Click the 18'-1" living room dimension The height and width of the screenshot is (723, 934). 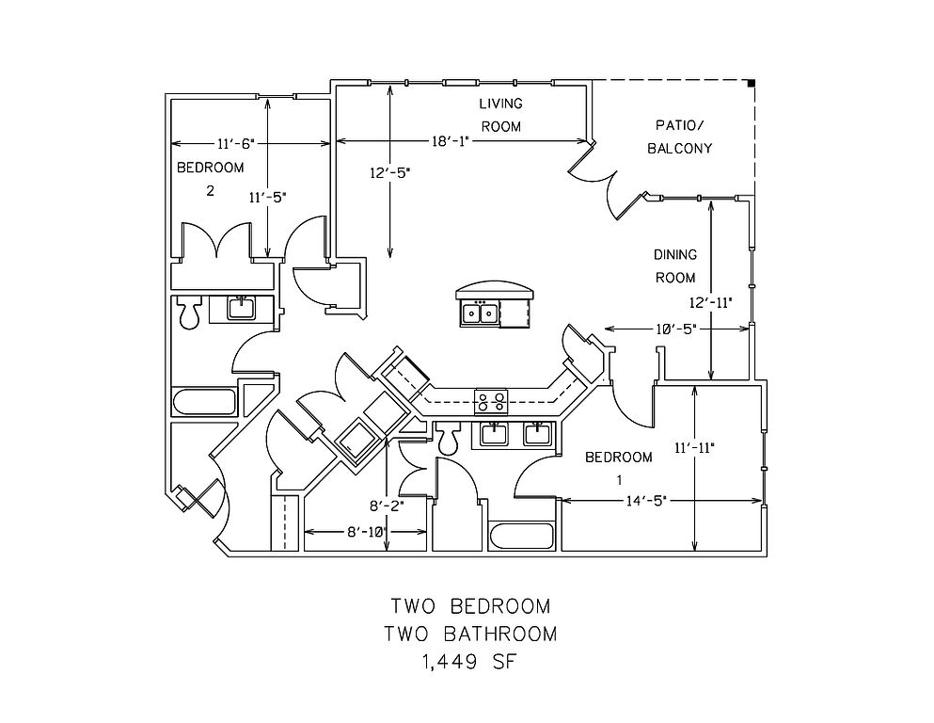click(451, 141)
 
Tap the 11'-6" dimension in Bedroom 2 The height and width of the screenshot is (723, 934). click(236, 143)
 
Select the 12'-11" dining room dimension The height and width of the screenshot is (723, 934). click(711, 303)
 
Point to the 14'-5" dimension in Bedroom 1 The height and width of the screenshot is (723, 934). click(645, 501)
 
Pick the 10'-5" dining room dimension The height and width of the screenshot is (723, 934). click(676, 329)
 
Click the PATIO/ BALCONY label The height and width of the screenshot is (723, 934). click(680, 137)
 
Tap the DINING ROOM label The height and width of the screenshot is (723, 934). click(675, 265)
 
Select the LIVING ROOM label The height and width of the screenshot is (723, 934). click(501, 115)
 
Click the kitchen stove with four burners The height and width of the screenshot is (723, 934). click(491, 400)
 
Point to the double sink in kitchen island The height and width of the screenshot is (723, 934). click(480, 313)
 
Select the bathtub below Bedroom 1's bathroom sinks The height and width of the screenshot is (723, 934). click(522, 537)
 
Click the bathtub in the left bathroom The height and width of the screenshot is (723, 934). click(204, 402)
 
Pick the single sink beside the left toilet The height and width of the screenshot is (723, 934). click(241, 309)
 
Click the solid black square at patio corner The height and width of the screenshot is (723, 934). click(752, 83)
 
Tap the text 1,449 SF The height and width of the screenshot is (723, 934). click(468, 661)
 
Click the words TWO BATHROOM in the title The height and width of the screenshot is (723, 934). click(470, 634)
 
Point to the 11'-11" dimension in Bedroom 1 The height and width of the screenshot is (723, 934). click(694, 447)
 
